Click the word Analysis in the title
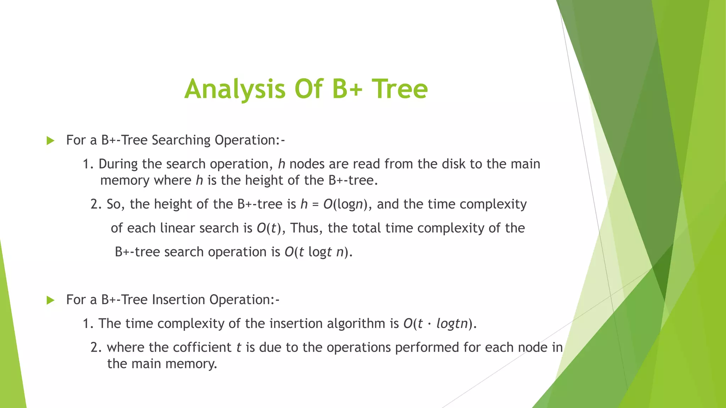pyautogui.click(x=235, y=89)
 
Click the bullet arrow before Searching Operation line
pyautogui.click(x=50, y=141)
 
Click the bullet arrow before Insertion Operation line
pyautogui.click(x=50, y=300)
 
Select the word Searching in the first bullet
pyautogui.click(x=181, y=140)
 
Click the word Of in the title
pyautogui.click(x=309, y=89)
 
